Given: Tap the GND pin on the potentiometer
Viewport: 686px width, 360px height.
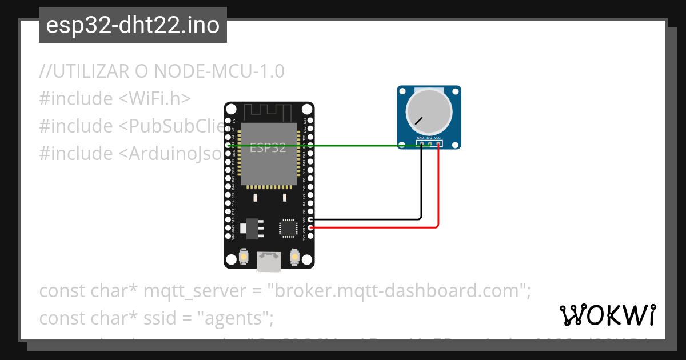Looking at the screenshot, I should [x=421, y=143].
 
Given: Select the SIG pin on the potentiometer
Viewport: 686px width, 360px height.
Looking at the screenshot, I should [x=429, y=143].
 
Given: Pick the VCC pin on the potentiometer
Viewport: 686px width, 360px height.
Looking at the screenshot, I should [x=438, y=143].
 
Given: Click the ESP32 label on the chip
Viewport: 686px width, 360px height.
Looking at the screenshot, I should [x=268, y=147].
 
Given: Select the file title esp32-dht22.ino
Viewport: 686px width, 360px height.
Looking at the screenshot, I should [x=133, y=26].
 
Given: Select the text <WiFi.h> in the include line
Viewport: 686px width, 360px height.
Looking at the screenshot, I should [x=155, y=99].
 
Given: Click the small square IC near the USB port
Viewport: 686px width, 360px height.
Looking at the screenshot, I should [x=288, y=228].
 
